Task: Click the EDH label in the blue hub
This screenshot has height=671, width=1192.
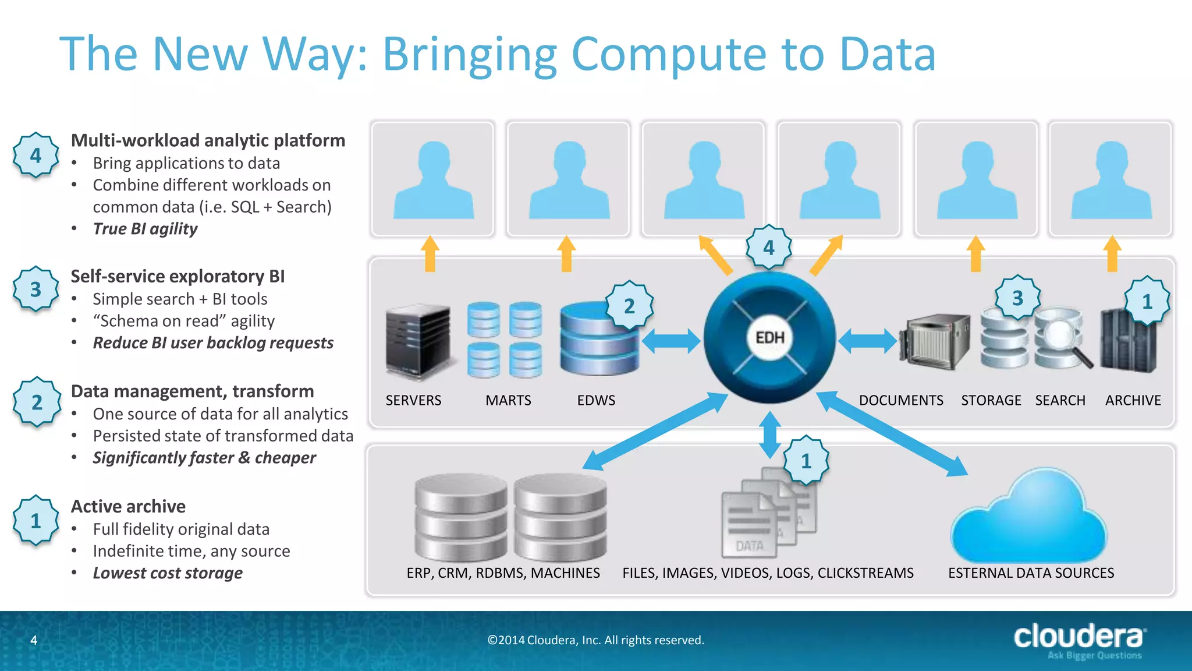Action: click(x=769, y=338)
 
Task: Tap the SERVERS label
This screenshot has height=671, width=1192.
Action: click(x=413, y=401)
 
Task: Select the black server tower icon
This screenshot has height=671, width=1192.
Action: click(x=418, y=341)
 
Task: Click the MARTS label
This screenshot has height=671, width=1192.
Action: click(x=508, y=401)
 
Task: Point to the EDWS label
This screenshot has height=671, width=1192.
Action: click(x=596, y=401)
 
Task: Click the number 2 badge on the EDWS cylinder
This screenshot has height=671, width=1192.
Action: click(x=629, y=306)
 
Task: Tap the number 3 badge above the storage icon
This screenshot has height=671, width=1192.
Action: click(x=1017, y=298)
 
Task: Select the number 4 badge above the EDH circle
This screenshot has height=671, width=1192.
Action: click(x=769, y=248)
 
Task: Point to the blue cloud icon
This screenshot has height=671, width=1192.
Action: click(x=1028, y=518)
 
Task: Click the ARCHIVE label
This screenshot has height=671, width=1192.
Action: click(x=1133, y=401)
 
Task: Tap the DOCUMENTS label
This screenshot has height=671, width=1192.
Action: click(x=901, y=401)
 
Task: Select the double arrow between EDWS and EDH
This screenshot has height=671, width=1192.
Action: click(x=670, y=341)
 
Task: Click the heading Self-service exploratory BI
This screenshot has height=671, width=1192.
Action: click(x=178, y=276)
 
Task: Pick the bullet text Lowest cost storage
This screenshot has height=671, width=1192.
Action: click(x=168, y=573)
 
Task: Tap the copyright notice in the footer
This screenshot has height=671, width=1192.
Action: click(x=595, y=640)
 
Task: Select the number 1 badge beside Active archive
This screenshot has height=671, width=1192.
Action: click(x=36, y=520)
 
